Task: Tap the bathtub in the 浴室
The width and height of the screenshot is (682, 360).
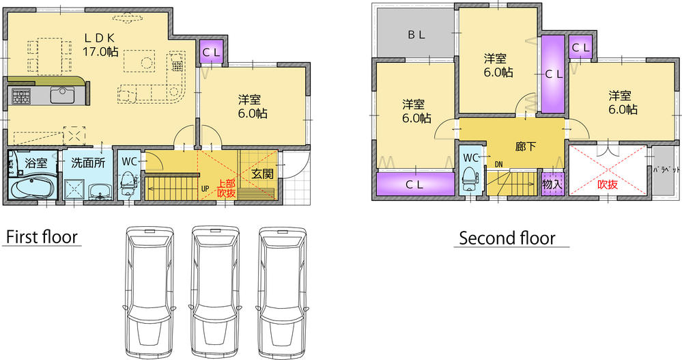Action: click(33, 186)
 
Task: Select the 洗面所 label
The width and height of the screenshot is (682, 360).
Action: click(88, 164)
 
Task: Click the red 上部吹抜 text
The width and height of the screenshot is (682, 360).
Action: click(226, 188)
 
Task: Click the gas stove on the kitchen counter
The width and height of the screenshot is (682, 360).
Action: click(18, 96)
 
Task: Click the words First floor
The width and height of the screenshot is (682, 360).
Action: click(42, 238)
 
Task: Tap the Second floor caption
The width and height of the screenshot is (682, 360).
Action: click(507, 238)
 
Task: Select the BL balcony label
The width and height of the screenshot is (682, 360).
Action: click(416, 35)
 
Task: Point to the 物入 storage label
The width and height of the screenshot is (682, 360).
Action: click(551, 184)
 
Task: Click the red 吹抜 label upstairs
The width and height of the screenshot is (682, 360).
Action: click(608, 184)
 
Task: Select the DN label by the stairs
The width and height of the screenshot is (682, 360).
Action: click(498, 164)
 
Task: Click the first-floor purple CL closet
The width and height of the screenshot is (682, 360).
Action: click(210, 52)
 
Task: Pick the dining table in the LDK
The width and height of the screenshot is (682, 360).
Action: click(50, 55)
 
